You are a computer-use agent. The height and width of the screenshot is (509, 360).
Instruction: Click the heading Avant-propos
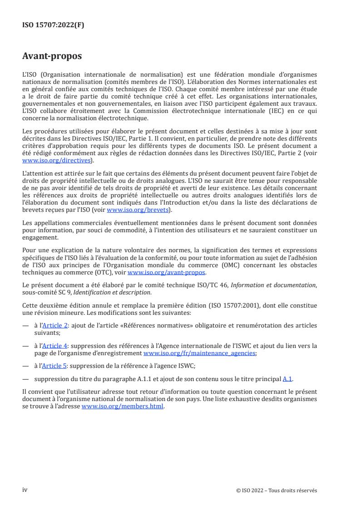52,57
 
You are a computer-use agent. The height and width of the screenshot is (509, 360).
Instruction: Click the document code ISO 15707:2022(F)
53,25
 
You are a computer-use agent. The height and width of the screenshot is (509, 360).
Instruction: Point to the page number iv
25,490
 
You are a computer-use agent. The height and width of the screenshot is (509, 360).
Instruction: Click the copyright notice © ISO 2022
276,490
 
